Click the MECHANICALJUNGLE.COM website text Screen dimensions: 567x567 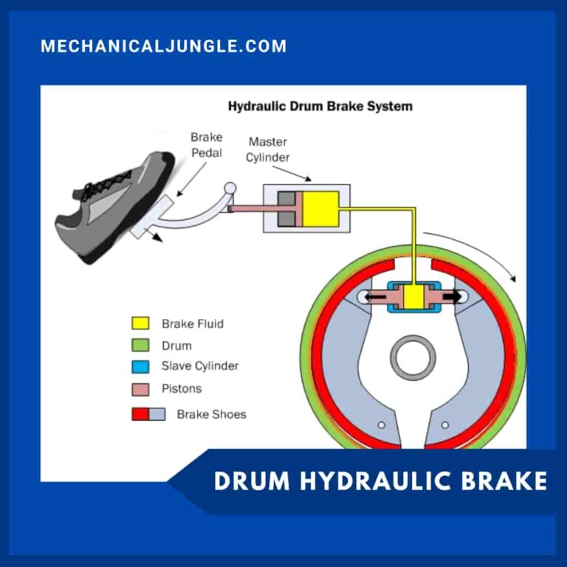[x=163, y=46]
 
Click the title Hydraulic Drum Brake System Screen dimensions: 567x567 [x=320, y=106]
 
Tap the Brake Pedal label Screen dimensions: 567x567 [x=206, y=144]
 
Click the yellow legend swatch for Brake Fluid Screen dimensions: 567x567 [x=140, y=323]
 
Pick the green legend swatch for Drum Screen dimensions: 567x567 [x=140, y=345]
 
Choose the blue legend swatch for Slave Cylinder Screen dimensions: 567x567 [x=140, y=365]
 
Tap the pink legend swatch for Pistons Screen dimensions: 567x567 [x=140, y=388]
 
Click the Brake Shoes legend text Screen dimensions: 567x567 [x=211, y=414]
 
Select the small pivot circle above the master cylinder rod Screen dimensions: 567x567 [x=230, y=189]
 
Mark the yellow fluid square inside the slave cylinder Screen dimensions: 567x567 [x=413, y=298]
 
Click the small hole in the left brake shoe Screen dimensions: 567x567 [x=381, y=425]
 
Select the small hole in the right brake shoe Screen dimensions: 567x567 [x=444, y=425]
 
